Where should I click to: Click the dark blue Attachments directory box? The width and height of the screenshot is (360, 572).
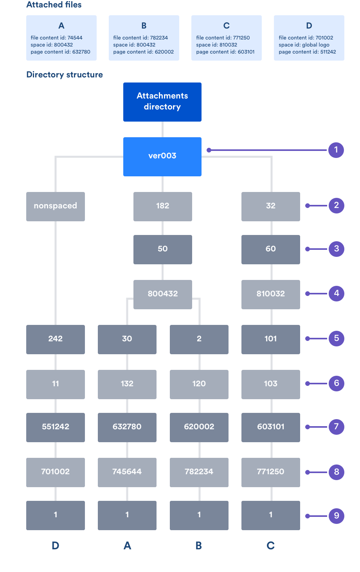point(162,102)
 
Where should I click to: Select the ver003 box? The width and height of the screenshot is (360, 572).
point(162,157)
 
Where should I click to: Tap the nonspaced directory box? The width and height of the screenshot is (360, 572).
point(56,206)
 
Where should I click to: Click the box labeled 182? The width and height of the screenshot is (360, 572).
point(162,206)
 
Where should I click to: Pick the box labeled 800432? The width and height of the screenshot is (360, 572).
point(162,294)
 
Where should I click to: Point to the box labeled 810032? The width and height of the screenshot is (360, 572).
point(270,294)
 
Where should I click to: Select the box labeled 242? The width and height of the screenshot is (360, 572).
point(56,339)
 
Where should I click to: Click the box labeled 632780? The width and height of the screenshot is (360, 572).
point(127,427)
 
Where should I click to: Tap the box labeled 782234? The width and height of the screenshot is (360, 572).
point(199,472)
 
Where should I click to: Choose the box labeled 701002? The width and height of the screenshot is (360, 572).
point(56,472)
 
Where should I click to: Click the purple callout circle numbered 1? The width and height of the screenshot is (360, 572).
point(336,150)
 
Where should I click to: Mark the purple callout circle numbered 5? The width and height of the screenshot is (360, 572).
point(336,339)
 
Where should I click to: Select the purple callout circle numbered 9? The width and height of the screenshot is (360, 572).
point(336,516)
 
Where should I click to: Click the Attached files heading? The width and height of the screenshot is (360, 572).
point(54,5)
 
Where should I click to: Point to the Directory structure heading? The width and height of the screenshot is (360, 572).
point(65,75)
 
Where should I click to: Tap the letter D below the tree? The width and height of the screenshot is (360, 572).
point(56,546)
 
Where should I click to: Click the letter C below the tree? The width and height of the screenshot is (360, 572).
point(270,546)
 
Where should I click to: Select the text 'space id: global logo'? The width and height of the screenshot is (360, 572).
point(304,45)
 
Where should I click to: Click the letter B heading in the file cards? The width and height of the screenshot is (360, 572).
point(144,25)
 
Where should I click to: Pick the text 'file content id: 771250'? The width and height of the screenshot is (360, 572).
point(223,38)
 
